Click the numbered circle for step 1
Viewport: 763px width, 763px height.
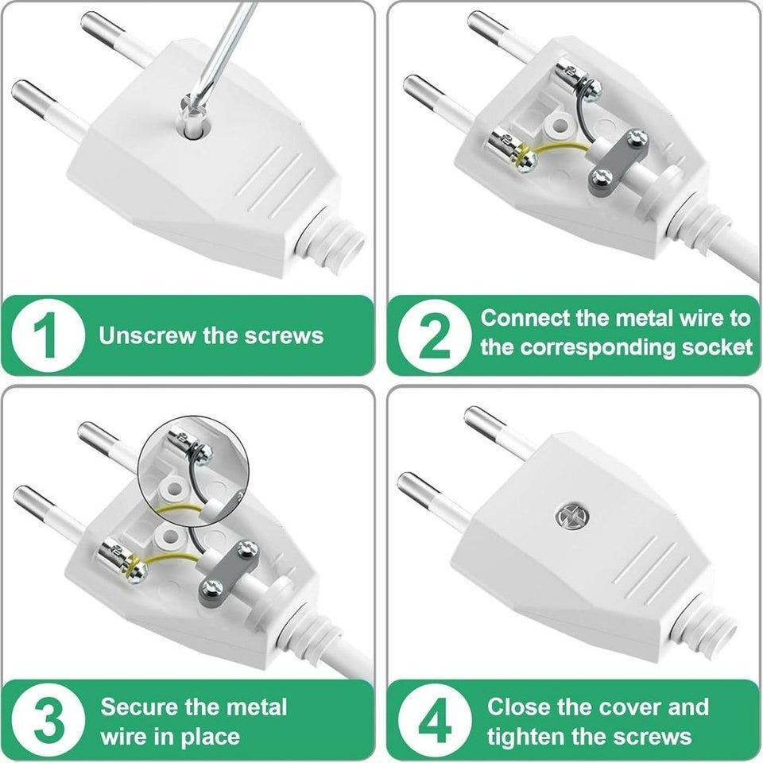tap(48, 335)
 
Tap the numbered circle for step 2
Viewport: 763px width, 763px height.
tap(435, 335)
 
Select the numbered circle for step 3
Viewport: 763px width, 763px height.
tap(48, 720)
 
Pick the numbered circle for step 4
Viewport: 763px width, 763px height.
tap(435, 720)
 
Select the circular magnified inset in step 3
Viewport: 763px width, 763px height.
tap(194, 471)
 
